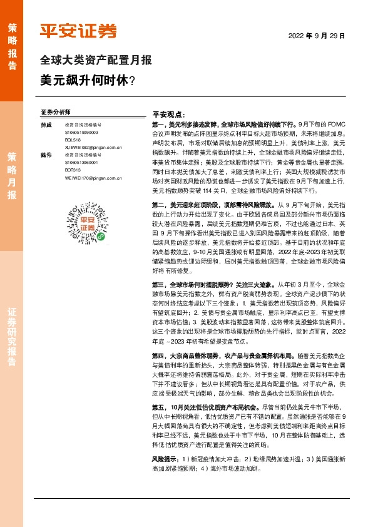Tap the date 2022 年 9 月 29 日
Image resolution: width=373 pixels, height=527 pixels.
317,36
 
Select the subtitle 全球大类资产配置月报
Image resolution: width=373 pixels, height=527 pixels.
95,61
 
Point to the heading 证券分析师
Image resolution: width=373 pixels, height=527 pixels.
55,112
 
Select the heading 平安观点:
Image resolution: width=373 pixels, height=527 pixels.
168,115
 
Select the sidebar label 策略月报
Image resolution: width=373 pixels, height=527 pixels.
12,175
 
